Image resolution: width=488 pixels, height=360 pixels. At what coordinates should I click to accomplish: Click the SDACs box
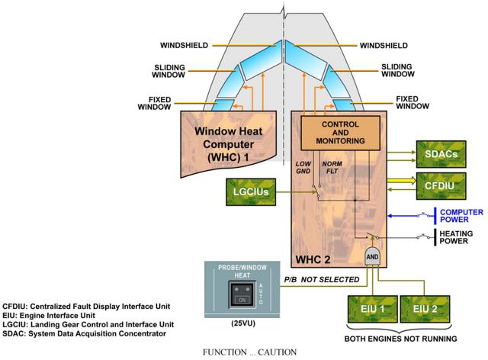point(441,154)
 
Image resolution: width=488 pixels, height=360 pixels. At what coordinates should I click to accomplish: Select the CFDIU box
point(441,186)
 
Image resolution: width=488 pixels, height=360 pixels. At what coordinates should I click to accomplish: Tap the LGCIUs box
point(251,192)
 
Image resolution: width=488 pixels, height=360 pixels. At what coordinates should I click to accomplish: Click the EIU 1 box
point(373,309)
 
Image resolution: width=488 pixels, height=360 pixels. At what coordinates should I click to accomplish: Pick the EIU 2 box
point(425,309)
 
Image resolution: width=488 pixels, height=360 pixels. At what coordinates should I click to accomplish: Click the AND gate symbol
point(373,256)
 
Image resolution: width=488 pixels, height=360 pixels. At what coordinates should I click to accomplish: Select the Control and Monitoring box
point(341,133)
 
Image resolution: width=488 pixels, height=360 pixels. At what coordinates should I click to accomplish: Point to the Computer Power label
point(461,216)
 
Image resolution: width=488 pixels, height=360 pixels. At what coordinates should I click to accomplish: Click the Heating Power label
point(456,237)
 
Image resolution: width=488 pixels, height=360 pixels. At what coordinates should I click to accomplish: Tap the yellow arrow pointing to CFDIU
point(402,180)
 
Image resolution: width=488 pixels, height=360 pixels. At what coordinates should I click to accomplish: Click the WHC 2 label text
point(313,259)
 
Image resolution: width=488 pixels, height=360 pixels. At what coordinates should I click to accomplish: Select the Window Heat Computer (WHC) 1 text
point(229,144)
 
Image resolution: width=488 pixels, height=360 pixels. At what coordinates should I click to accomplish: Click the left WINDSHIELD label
point(184,46)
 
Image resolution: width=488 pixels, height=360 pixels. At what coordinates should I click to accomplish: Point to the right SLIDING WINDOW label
point(398,70)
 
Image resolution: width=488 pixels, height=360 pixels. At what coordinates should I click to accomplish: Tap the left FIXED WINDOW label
point(154,104)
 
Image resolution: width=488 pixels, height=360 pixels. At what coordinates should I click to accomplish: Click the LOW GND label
point(303,167)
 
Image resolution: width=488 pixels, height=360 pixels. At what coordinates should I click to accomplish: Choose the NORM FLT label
point(332,167)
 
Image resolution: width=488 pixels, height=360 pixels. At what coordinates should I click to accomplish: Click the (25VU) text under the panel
point(243,323)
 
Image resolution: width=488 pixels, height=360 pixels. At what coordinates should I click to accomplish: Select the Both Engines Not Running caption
point(400,339)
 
